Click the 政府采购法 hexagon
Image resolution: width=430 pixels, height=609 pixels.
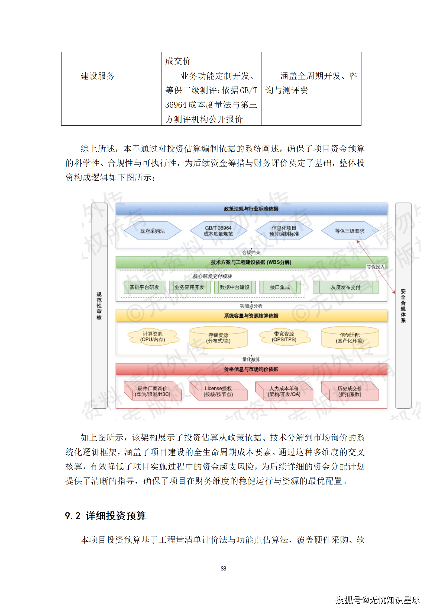(153, 231)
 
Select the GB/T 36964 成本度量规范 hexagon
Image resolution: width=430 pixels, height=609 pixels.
(218, 231)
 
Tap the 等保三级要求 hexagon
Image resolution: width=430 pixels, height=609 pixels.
(350, 231)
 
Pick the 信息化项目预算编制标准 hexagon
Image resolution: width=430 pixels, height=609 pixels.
(284, 231)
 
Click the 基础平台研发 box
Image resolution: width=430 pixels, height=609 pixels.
(144, 287)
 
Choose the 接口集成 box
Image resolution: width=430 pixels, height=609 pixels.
(280, 287)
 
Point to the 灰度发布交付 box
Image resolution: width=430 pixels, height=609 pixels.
(345, 287)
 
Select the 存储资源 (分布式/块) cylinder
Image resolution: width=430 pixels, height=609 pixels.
(218, 338)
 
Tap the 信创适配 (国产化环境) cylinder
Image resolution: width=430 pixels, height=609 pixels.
(350, 338)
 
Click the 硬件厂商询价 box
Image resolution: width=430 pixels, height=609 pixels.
(153, 391)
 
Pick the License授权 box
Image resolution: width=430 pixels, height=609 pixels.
(218, 391)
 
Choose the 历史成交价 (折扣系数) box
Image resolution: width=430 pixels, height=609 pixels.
(350, 391)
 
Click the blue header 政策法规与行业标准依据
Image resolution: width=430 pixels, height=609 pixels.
(251, 209)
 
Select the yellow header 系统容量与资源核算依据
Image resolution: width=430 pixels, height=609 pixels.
(251, 316)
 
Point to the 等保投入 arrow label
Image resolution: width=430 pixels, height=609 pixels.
(375, 267)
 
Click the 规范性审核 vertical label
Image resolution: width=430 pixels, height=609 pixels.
(99, 306)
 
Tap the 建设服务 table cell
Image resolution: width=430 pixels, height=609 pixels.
(98, 76)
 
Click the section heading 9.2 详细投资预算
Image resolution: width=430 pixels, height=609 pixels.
(105, 516)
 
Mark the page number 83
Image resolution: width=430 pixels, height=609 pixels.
(223, 568)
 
